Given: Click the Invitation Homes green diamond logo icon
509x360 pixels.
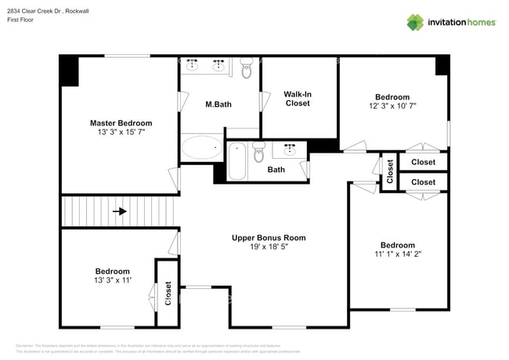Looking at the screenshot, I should coord(415,22).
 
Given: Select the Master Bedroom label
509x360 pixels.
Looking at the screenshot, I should coord(121,123).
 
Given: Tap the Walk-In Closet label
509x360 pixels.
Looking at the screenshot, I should coord(298,99).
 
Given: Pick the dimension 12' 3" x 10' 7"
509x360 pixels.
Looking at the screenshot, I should coord(392,106).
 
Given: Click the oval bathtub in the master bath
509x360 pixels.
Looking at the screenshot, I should coord(202,147).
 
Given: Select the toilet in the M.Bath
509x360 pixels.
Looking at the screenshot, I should coord(247,70).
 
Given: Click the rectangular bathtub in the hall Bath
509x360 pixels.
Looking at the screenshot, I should coord(236,160).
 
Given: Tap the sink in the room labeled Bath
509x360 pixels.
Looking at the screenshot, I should coord(294,149).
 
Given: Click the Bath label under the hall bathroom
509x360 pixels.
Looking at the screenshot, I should coord(276,169).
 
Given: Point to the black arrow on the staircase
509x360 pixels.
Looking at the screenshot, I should coord(120,211).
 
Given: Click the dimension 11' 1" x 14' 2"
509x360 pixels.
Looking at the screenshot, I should coord(398,254).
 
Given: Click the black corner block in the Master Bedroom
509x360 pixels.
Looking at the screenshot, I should coord(69,71).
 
